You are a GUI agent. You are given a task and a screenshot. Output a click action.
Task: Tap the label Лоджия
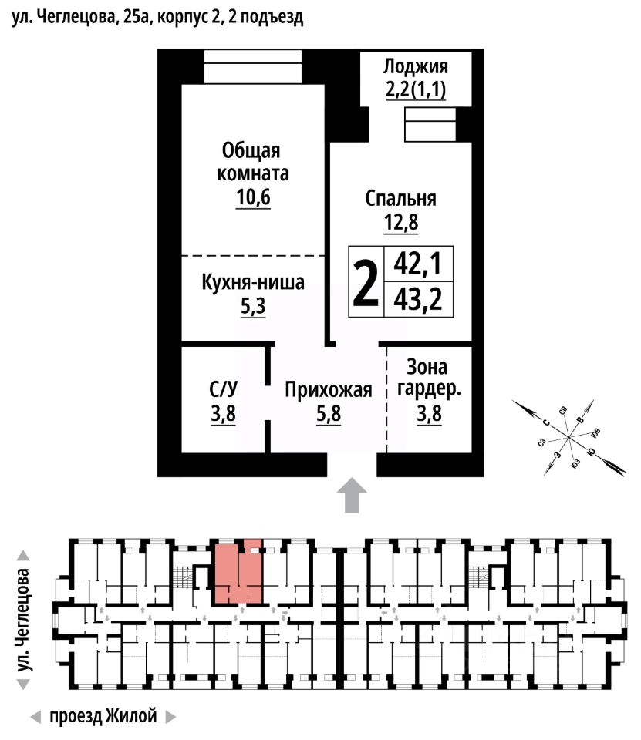(x=416, y=66)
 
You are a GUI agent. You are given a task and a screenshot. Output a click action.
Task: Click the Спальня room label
(x=400, y=198)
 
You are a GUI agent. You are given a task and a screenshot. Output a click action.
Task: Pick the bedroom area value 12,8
(x=400, y=224)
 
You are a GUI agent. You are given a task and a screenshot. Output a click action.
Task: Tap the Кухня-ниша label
(x=253, y=282)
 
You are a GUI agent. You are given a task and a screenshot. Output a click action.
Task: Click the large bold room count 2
(x=365, y=282)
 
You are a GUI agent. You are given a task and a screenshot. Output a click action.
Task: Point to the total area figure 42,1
(x=417, y=264)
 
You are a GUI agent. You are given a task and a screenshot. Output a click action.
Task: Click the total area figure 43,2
(x=417, y=298)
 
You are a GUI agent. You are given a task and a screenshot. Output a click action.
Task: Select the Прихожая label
(x=329, y=390)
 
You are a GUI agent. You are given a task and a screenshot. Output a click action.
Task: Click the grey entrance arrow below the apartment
(x=353, y=495)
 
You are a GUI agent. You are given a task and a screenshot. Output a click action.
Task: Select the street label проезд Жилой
(x=103, y=716)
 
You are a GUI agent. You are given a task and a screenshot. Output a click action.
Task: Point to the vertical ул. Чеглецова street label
(x=25, y=620)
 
